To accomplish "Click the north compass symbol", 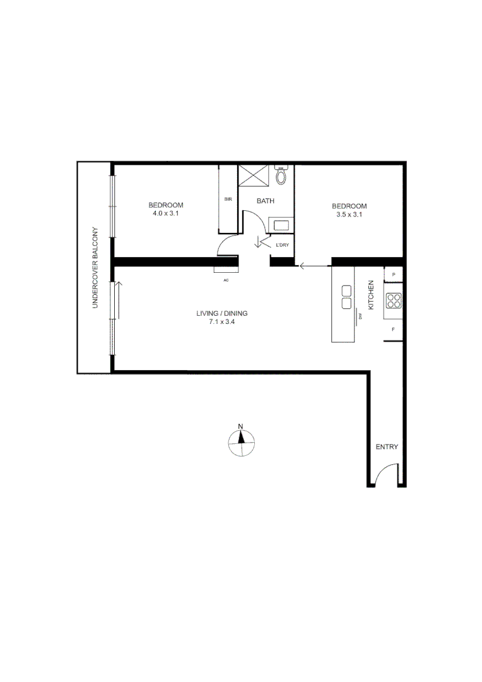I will tap(241, 442).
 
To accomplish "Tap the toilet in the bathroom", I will tap(281, 175).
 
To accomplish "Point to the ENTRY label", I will tap(387, 447).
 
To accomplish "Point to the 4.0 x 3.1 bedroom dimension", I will tap(166, 213).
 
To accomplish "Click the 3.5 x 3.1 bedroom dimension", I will tap(350, 215).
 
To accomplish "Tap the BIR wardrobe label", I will tap(228, 200).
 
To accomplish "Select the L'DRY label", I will tap(282, 245).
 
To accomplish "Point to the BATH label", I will tap(266, 201).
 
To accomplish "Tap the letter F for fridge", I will tap(394, 330).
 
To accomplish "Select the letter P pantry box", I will tap(394, 275).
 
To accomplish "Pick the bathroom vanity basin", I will tap(280, 225).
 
